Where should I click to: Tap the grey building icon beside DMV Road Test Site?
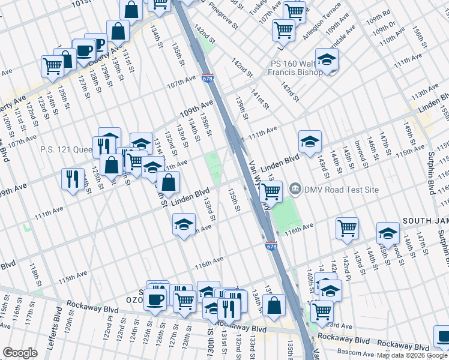[x=295, y=190]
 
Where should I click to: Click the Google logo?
[x=20, y=352]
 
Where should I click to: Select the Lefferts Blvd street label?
[x=58, y=321]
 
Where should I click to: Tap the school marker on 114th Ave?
[x=184, y=225]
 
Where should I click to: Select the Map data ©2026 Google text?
[x=412, y=355]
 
